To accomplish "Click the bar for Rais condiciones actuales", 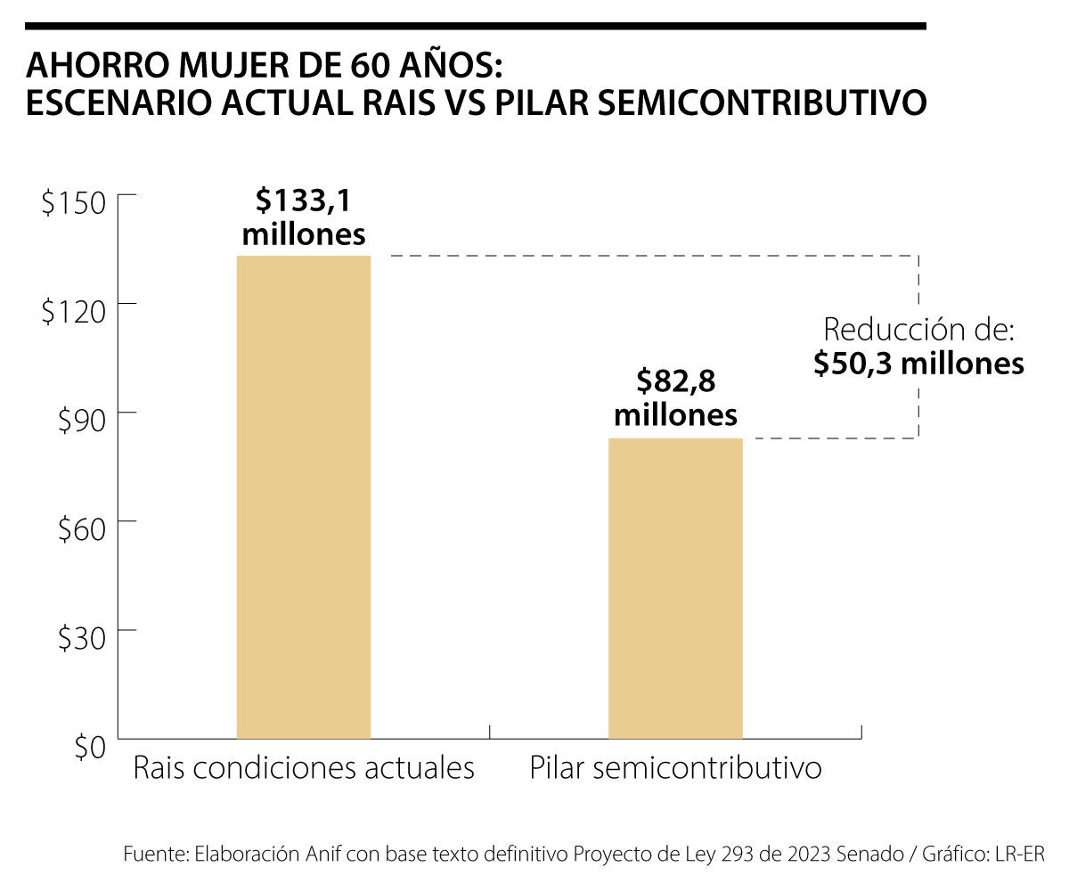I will click(303, 497).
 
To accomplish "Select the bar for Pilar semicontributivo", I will click(675, 588).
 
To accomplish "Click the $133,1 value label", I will click(303, 201).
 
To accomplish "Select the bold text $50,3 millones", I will click(918, 364).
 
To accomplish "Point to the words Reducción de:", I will click(919, 330).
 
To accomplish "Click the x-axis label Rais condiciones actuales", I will click(304, 768).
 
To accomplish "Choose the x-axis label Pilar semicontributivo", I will click(675, 768).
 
